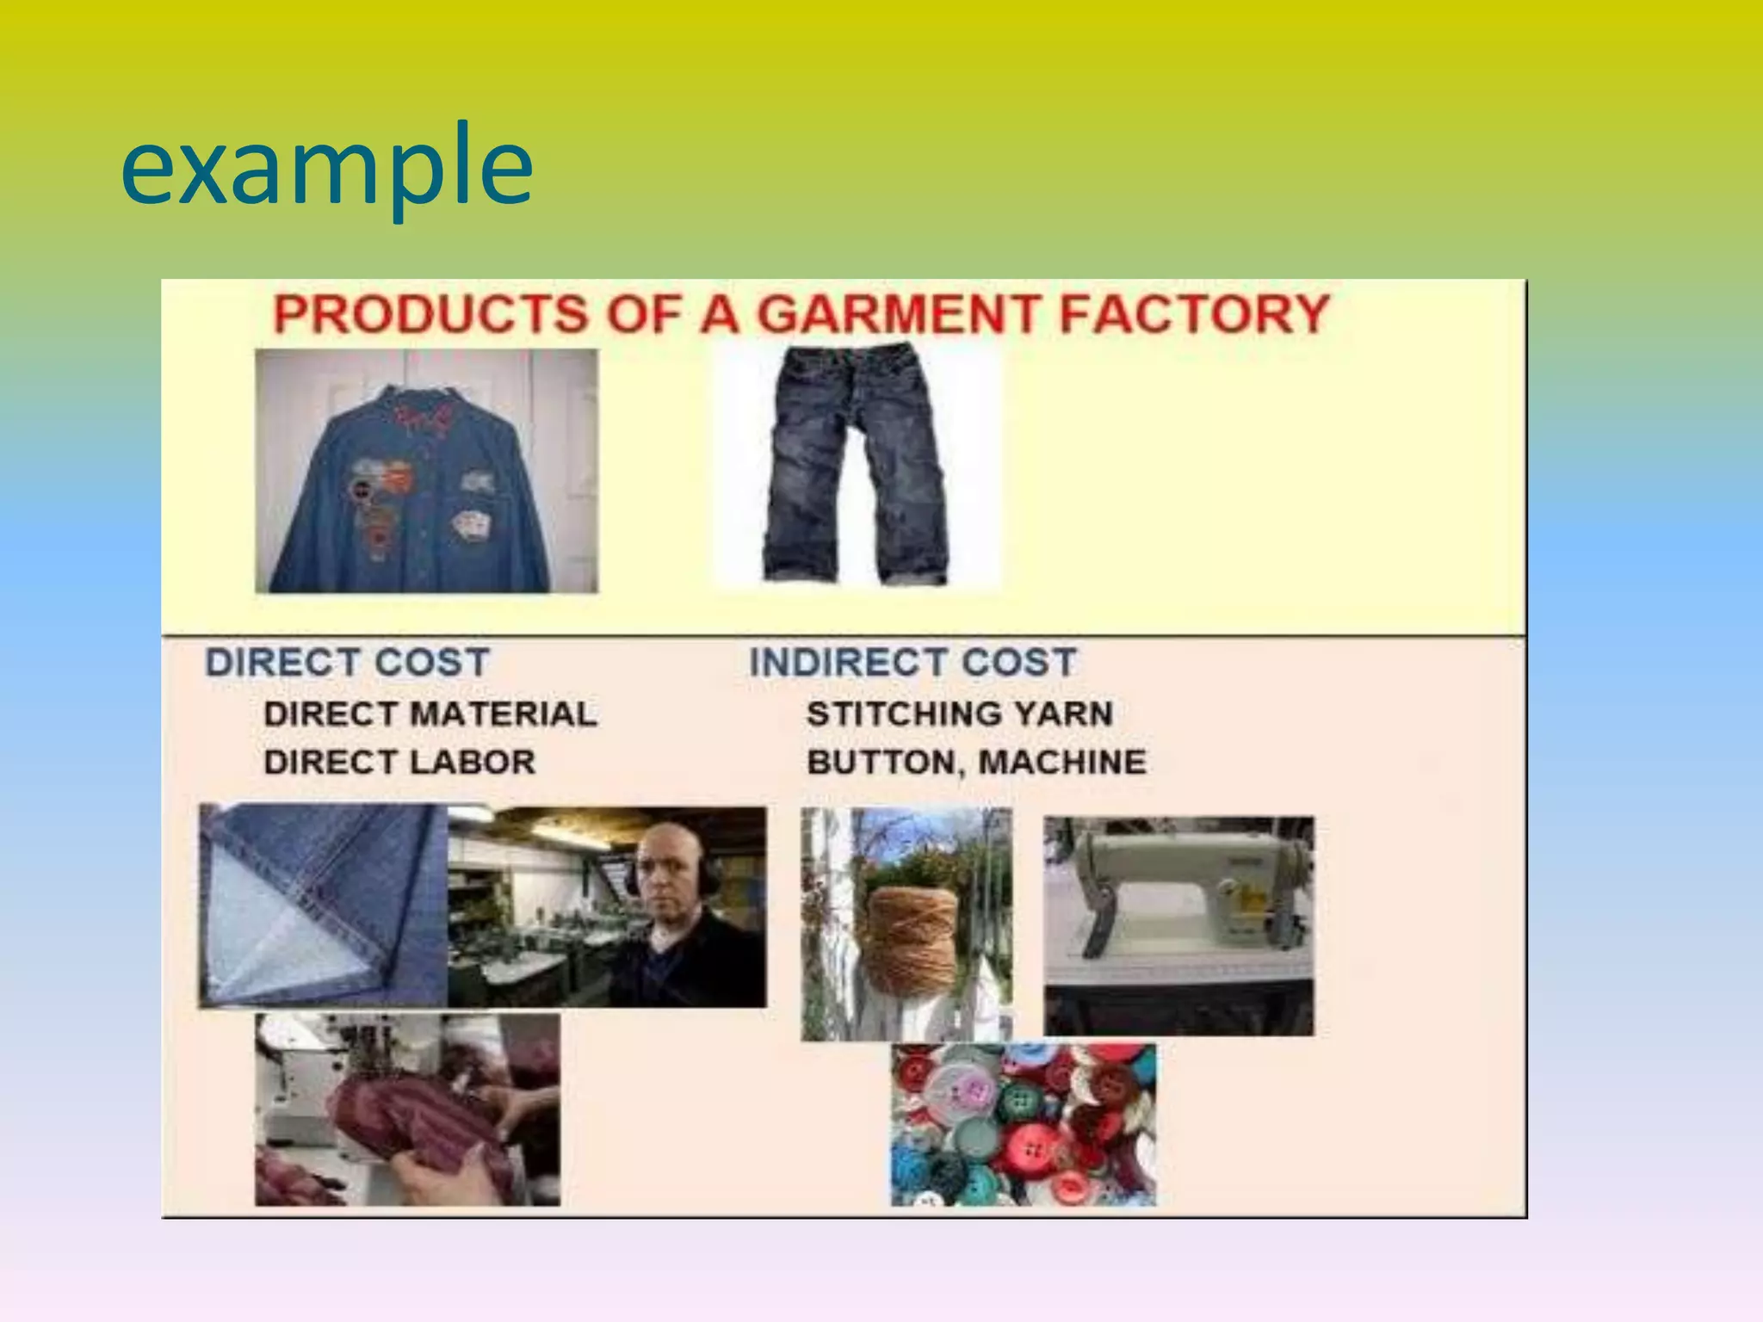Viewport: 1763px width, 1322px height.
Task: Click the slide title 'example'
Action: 327,165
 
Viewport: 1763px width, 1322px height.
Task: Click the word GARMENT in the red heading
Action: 898,313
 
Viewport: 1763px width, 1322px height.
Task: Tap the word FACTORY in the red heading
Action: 1195,313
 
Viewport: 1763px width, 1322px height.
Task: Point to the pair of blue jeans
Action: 857,465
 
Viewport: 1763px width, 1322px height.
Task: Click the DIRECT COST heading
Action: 347,663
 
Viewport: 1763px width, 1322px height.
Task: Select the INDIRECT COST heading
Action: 912,663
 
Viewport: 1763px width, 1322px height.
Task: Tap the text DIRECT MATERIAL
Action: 430,714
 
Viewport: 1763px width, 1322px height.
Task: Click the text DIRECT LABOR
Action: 399,763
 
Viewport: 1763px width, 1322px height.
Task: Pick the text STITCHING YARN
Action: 960,714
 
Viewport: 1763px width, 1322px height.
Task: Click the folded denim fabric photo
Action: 319,904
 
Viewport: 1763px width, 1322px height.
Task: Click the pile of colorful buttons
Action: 1023,1124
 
